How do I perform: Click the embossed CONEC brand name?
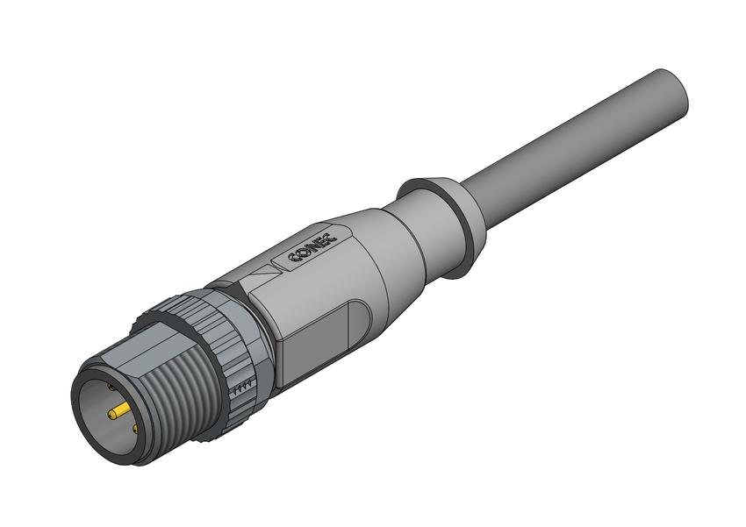coord(312,248)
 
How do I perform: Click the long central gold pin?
coord(119,412)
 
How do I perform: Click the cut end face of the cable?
coord(671,94)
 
